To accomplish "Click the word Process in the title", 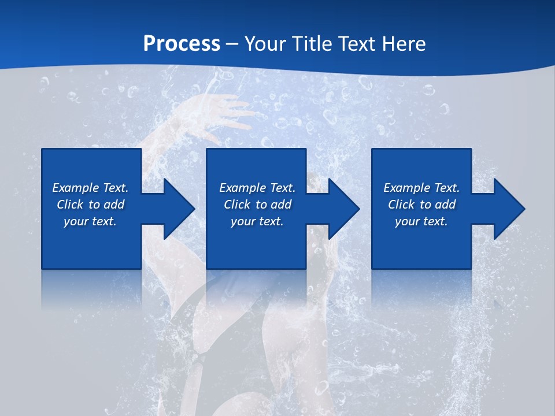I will tap(182, 44).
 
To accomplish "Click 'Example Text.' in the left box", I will tap(90, 188).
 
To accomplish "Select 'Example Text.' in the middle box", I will tap(257, 188).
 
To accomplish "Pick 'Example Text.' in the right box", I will tap(421, 188).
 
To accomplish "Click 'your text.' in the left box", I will tap(90, 221).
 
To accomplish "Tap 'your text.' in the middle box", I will tap(257, 221).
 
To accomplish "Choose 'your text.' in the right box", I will tap(421, 221).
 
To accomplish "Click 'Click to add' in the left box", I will tap(90, 205).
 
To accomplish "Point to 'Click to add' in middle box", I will tap(257, 205).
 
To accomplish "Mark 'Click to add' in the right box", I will tap(421, 205).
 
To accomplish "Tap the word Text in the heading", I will tap(356, 44).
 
